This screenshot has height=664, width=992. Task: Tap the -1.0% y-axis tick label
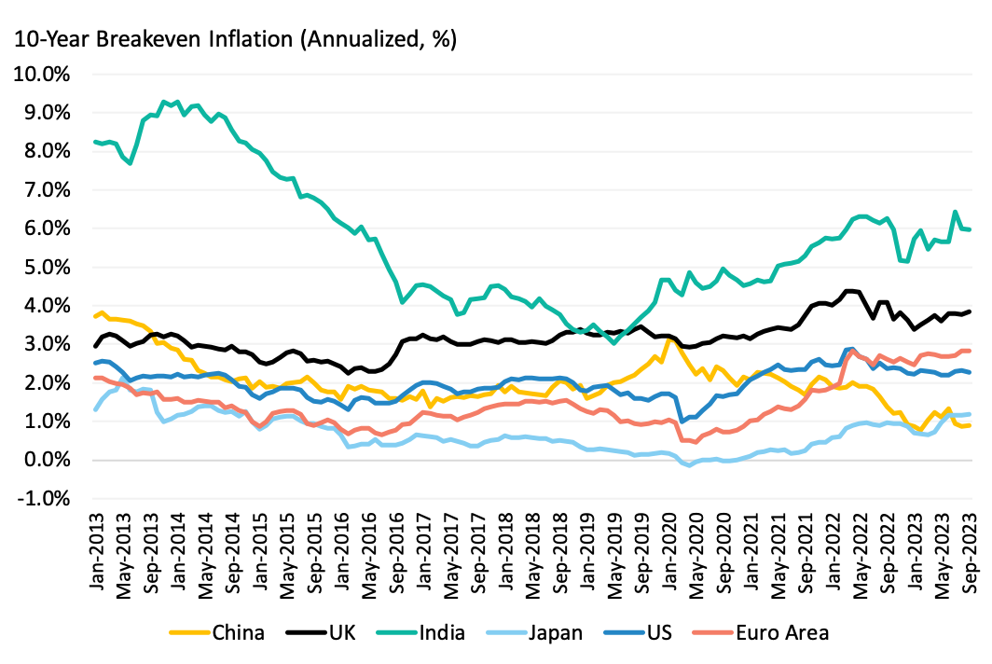point(46,499)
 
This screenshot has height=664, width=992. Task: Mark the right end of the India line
point(971,229)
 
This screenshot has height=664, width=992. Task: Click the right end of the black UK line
point(971,311)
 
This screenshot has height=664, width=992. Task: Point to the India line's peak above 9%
point(164,101)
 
